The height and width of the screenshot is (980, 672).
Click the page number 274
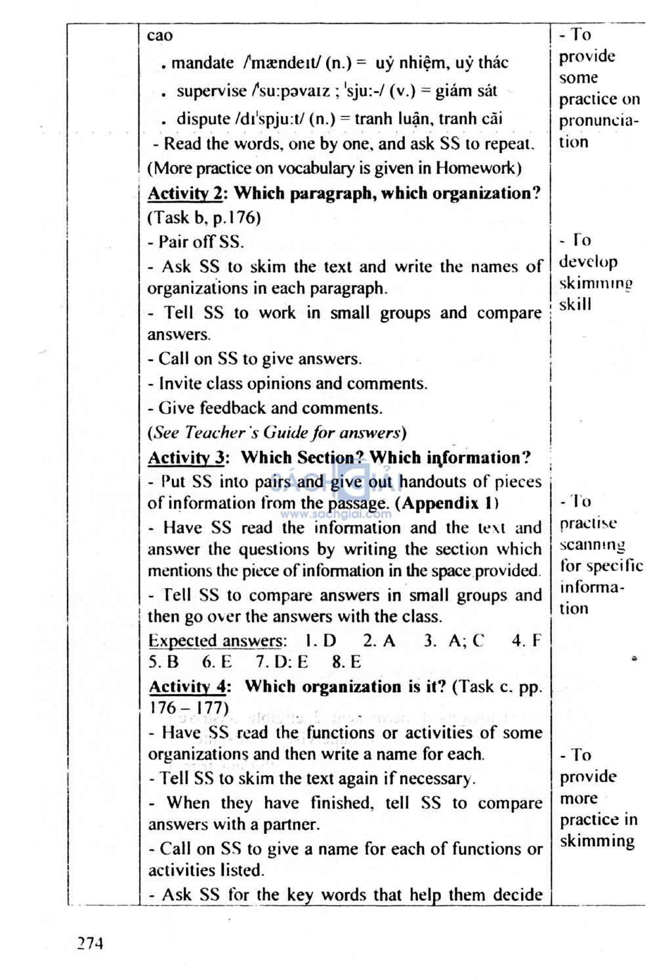pyautogui.click(x=90, y=943)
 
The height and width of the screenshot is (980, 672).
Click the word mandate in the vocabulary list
pyautogui.click(x=202, y=63)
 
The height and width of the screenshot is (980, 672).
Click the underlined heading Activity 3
pyautogui.click(x=186, y=458)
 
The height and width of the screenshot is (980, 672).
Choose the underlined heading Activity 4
pyautogui.click(x=188, y=686)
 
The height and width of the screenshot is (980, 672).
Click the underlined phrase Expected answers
pyautogui.click(x=217, y=640)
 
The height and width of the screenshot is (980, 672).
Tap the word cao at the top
pyautogui.click(x=159, y=35)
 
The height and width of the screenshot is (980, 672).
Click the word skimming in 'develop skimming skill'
pyautogui.click(x=595, y=283)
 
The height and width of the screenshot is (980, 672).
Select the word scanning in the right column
pyautogui.click(x=592, y=545)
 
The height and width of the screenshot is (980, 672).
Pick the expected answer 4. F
pyautogui.click(x=526, y=640)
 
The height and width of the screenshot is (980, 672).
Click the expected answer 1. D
pyautogui.click(x=320, y=640)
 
